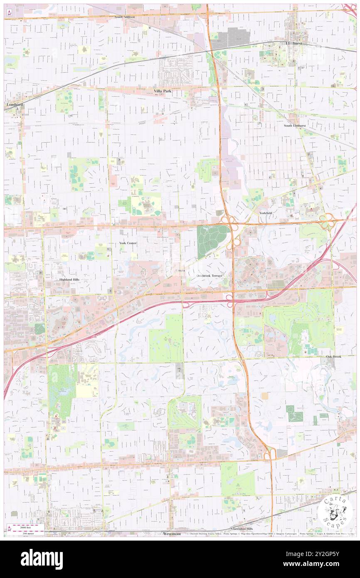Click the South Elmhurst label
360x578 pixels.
tap(295, 125)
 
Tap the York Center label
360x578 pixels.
tap(128, 243)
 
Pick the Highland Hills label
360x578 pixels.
tap(69, 280)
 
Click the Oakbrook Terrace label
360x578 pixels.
tap(210, 276)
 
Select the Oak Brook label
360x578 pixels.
tap(334, 357)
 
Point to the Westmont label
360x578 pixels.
tap(172, 534)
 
